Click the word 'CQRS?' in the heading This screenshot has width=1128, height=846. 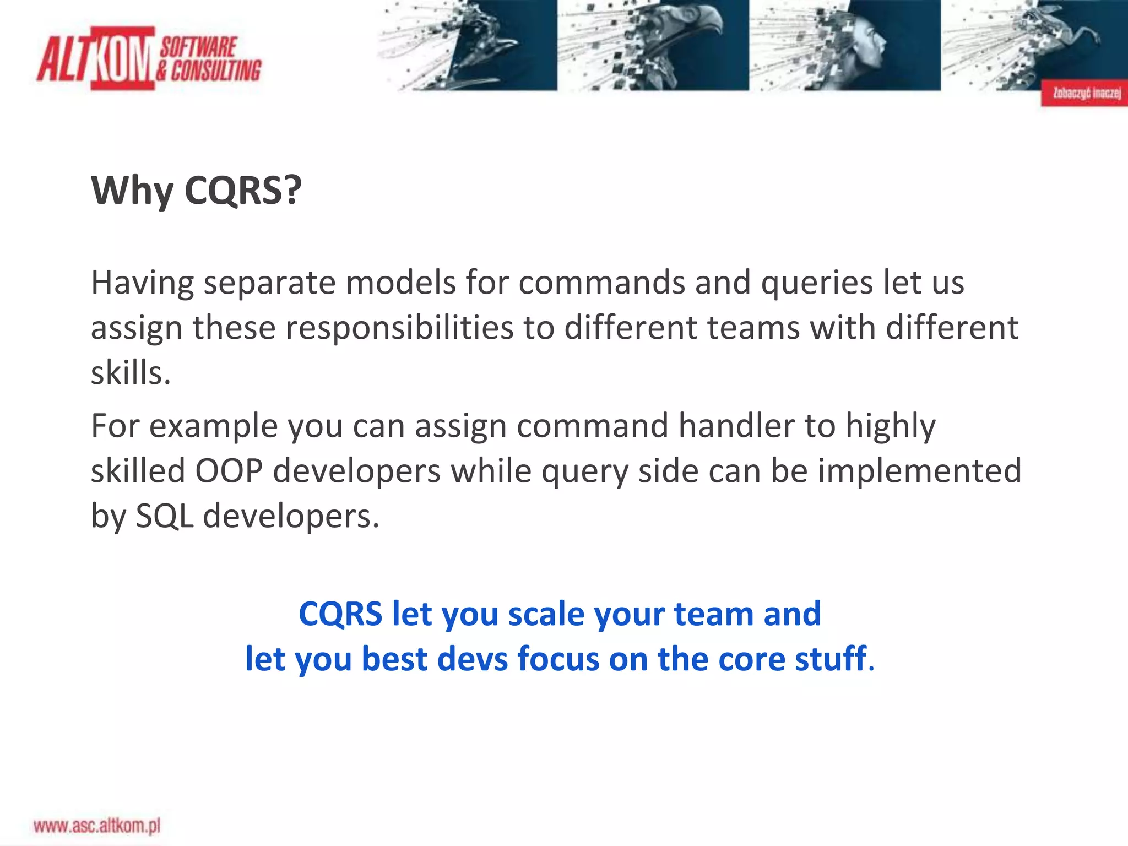(243, 191)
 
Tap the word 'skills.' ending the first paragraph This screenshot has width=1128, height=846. (131, 373)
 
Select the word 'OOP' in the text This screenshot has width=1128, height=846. (229, 471)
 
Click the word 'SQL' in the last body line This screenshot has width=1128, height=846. (164, 517)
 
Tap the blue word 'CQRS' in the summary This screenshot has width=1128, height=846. (340, 614)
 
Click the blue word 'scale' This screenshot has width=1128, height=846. (545, 614)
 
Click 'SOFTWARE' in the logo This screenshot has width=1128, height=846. (198, 47)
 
